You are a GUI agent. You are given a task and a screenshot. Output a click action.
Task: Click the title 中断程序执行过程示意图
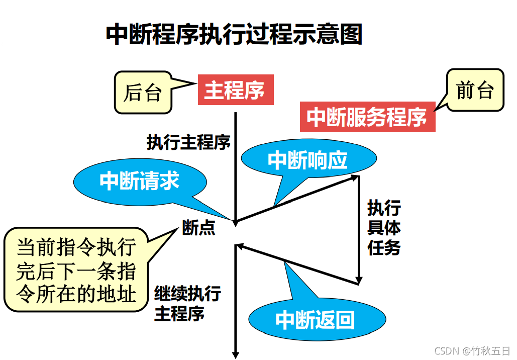tap(234, 35)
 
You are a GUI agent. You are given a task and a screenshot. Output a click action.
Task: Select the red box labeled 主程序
tap(236, 91)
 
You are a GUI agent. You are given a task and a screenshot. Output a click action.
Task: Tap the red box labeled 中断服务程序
tap(367, 117)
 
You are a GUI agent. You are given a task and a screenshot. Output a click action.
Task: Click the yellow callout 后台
tap(143, 93)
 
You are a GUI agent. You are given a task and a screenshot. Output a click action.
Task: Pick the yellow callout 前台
tap(475, 91)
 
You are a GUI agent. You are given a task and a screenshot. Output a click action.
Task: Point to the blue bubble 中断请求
tap(140, 181)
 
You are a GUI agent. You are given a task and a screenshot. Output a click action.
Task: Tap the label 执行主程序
tap(188, 142)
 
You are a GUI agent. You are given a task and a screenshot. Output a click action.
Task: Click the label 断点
tap(199, 229)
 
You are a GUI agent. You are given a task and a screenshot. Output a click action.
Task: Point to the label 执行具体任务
tap(384, 228)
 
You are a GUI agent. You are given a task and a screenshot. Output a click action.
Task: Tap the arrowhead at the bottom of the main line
tap(235, 354)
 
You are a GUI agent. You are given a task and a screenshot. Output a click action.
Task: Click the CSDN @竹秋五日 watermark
tap(472, 351)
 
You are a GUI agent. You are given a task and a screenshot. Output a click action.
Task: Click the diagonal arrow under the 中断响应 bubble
tap(296, 199)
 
